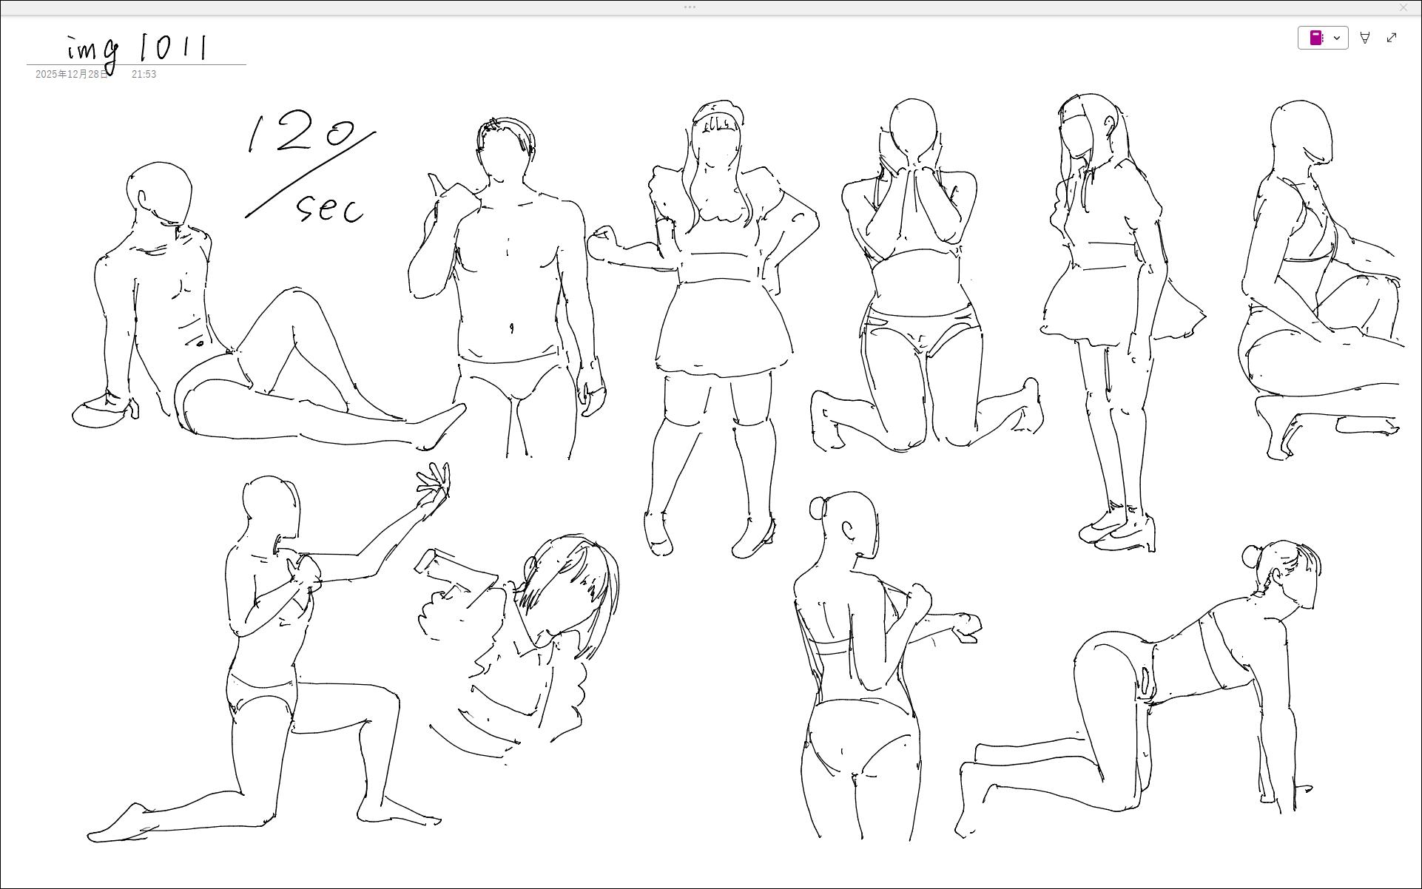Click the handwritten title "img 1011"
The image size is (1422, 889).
pos(138,50)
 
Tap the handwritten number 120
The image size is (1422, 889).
pos(301,134)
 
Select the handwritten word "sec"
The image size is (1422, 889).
pos(330,208)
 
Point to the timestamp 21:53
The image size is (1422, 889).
pos(144,75)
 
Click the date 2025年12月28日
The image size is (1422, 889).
pos(72,75)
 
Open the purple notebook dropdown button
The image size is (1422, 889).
pos(1323,38)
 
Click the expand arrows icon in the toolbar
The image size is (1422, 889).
pos(1392,38)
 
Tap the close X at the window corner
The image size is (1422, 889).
pos(1404,7)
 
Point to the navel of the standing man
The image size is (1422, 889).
pos(510,328)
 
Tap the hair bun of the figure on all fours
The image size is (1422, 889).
pos(1252,557)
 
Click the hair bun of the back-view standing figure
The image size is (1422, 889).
pos(818,508)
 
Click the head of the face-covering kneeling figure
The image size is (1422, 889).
pos(912,129)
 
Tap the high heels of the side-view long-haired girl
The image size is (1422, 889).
pos(1117,528)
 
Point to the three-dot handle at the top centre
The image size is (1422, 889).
pos(690,7)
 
